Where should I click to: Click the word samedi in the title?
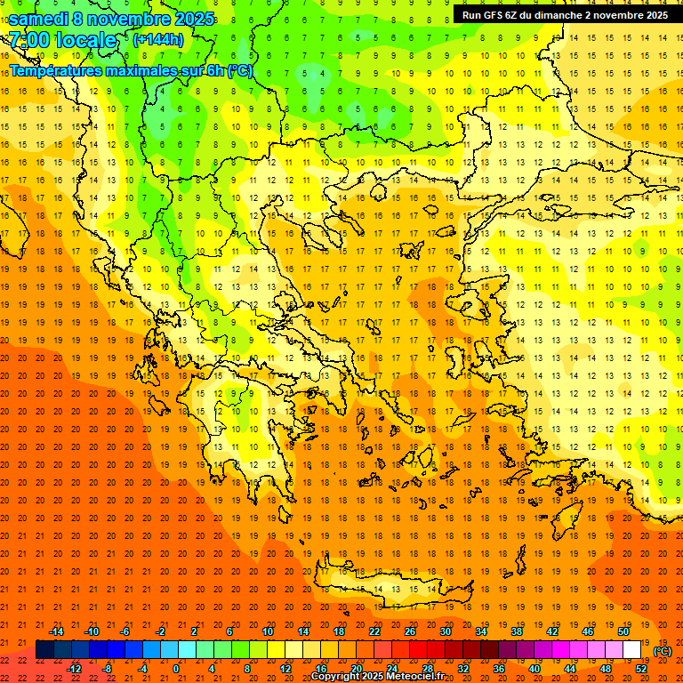pos(38,19)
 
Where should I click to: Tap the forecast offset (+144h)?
pos(157,39)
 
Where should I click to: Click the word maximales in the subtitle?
pos(143,70)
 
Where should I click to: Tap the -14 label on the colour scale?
pos(56,631)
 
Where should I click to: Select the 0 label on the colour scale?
pos(176,668)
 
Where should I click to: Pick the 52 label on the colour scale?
pos(641,668)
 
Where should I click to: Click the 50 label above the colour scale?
pos(623,631)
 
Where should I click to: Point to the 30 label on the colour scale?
pos(445,631)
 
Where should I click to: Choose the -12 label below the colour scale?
pos(75,668)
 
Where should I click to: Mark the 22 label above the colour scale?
pos(374,631)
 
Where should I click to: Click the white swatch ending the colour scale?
pos(631,650)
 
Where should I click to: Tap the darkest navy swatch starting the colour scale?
pos(44,650)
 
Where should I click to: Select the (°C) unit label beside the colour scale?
pos(663,651)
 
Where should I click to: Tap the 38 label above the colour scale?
pos(516,631)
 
